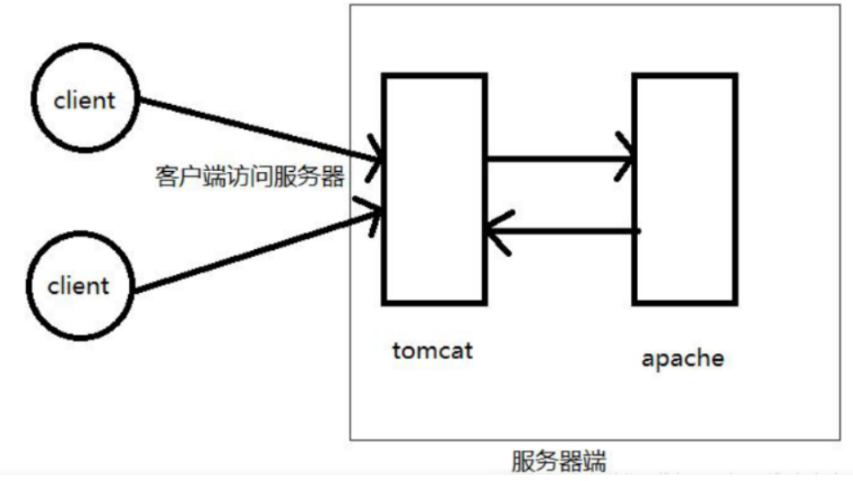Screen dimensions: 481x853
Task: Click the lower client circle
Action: point(78,286)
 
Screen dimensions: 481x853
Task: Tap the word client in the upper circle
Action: point(84,99)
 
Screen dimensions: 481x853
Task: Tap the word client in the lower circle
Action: point(78,287)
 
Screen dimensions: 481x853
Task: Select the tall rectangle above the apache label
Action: point(685,188)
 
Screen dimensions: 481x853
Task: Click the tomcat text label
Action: point(432,349)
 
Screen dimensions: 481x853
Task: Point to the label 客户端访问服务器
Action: point(249,176)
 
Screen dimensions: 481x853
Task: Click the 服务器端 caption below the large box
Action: point(559,461)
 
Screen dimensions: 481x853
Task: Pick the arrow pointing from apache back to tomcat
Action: point(564,231)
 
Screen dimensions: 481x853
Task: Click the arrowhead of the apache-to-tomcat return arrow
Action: point(498,230)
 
